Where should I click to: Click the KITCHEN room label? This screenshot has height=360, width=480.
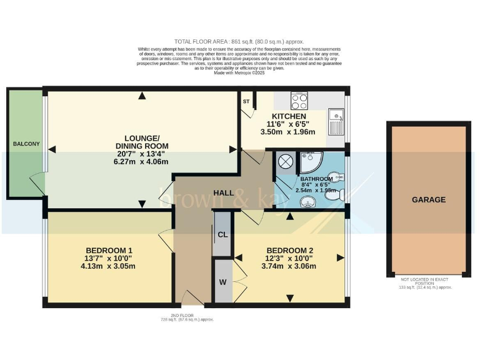pos(288,117)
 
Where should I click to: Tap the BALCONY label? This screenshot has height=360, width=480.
pos(26,144)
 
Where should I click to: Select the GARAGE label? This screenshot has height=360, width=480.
pos(428,200)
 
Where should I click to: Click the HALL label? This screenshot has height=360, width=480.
pos(224,192)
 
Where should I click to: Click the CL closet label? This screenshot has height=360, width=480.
pos(222,235)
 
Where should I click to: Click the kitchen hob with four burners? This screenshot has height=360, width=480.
pos(299,101)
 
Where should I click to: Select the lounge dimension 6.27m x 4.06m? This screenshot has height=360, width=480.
pos(142,162)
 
